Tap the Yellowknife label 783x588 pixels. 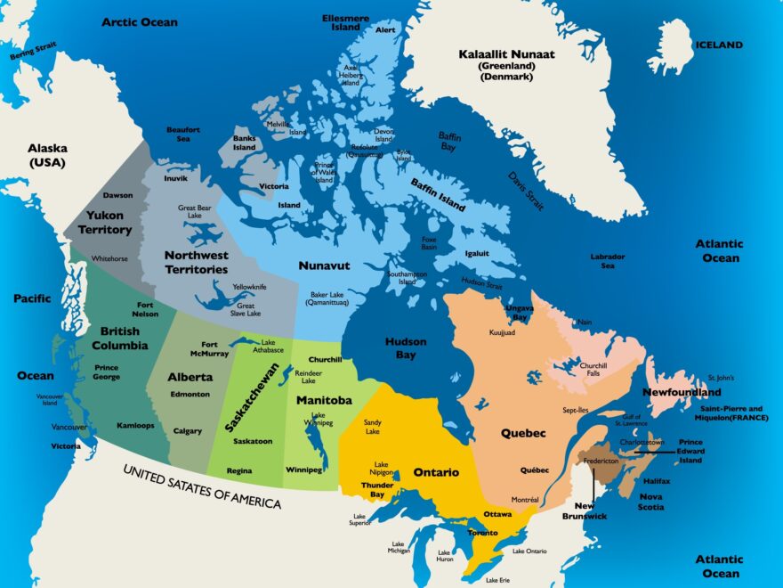pos(250,287)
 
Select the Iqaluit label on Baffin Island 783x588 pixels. pos(477,253)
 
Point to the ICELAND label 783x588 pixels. pos(719,45)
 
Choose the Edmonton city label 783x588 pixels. pos(190,394)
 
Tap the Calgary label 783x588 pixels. pos(188,431)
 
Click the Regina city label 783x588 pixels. pos(238,470)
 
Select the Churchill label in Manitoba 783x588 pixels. pos(325,359)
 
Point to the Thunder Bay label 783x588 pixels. pos(377,490)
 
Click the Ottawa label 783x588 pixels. pos(497,514)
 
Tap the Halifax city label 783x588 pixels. pos(656,481)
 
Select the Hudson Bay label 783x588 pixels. pos(406,347)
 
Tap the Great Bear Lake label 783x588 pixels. pos(195,212)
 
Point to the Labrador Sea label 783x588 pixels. pos(608,261)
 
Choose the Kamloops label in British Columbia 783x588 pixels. pos(135,425)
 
